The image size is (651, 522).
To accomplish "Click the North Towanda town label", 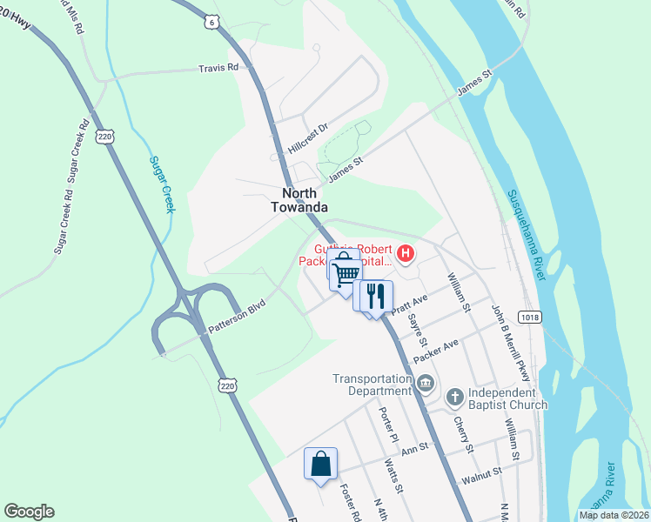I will pos(305,199).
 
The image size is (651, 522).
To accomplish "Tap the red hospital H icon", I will pos(405,254).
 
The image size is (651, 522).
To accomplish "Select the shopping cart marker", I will pos(346,273).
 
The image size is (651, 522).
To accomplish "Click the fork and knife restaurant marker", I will pos(376,296).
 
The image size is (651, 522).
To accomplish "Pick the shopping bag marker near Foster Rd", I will pos(320,463).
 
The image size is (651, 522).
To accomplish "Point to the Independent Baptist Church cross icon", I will pos(454,398).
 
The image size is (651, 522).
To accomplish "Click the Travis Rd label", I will pos(218,68).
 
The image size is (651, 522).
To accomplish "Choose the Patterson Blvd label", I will pos(236,317).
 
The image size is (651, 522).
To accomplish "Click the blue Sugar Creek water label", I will pos(163,184).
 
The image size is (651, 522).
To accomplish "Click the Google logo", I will pos(29,512).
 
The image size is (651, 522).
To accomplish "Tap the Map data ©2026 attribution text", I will pos(614,515).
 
